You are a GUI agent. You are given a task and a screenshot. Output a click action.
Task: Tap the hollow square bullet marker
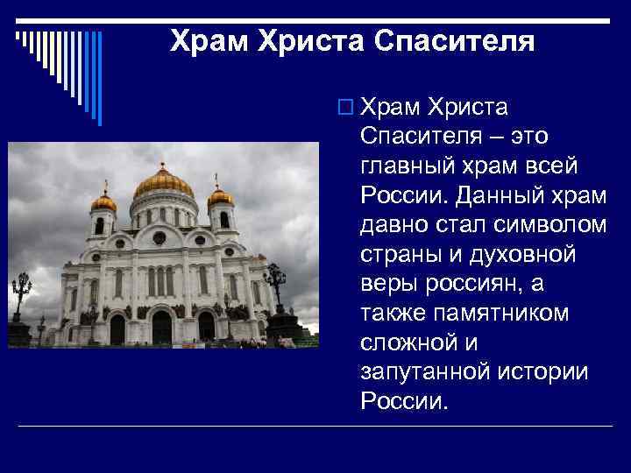click(x=343, y=108)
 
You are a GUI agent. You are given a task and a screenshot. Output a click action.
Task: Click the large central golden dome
click(x=163, y=182)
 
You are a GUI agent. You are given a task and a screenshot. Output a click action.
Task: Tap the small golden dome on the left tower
click(x=103, y=201)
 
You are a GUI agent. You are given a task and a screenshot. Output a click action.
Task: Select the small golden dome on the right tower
click(x=221, y=197)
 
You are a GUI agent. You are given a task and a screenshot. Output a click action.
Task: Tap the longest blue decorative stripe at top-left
click(x=99, y=79)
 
